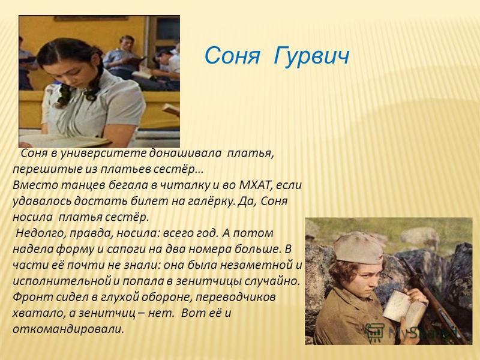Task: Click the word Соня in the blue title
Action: tap(232, 56)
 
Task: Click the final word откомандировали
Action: tap(68, 329)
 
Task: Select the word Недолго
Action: tap(40, 233)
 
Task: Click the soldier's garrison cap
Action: tap(358, 247)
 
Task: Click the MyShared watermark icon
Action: tap(374, 332)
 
